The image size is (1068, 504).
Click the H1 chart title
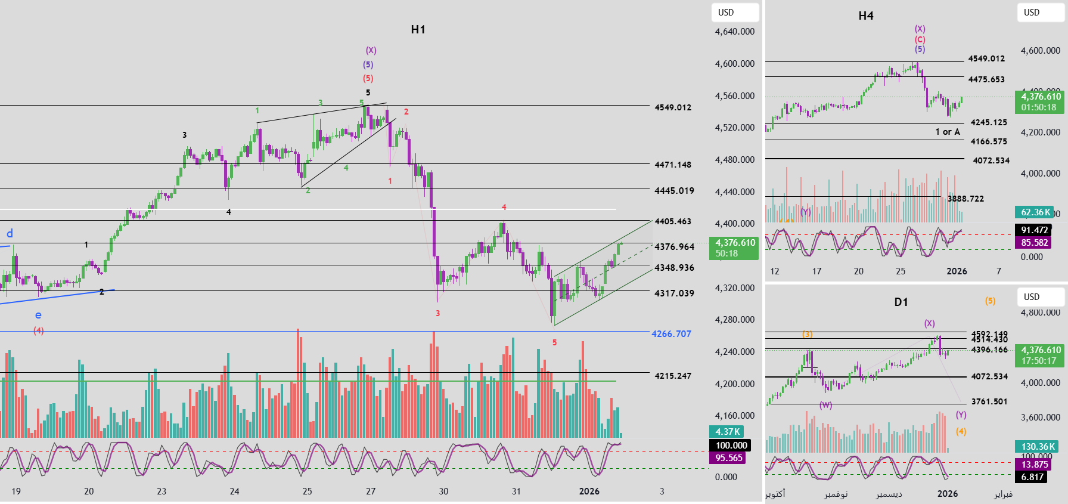click(x=418, y=30)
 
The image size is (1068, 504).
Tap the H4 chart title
click(x=866, y=16)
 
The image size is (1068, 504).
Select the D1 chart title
click(x=901, y=302)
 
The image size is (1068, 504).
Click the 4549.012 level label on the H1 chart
click(x=673, y=107)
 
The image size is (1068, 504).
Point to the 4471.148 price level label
click(x=673, y=165)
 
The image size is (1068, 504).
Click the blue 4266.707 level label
click(x=671, y=334)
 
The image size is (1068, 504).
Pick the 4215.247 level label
click(x=673, y=376)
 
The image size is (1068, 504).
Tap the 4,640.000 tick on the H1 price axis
click(x=734, y=32)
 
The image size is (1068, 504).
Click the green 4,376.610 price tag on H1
click(x=734, y=248)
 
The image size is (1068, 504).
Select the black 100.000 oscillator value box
click(x=731, y=446)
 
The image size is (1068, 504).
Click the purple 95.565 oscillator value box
click(x=729, y=458)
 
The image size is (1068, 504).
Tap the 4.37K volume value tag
click(x=727, y=432)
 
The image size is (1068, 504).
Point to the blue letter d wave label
click(x=10, y=233)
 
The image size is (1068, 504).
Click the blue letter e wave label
click(x=38, y=315)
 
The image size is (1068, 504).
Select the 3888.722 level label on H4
click(x=965, y=199)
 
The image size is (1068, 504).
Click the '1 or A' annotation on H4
click(x=948, y=132)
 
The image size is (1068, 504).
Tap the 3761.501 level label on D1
click(x=989, y=401)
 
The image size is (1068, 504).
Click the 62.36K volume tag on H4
click(x=1036, y=212)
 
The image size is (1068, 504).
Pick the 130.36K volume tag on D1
click(x=1038, y=447)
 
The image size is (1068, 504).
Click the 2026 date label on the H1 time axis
click(x=589, y=491)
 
